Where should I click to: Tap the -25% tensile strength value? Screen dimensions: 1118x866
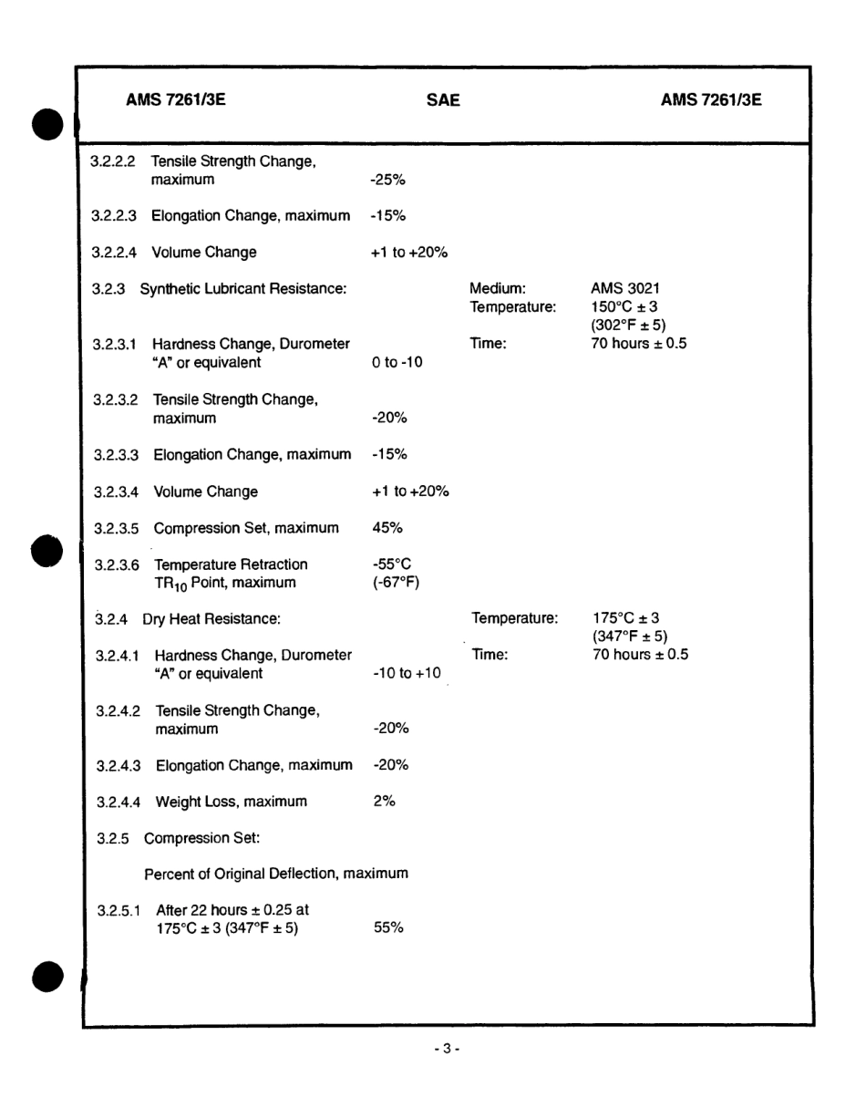coord(387,180)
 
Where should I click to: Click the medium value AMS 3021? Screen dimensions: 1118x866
coord(625,289)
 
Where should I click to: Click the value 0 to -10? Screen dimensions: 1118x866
coord(397,362)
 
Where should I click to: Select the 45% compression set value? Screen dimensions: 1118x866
coord(387,528)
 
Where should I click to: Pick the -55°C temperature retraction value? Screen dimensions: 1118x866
coord(392,564)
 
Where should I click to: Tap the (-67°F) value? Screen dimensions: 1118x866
coord(395,583)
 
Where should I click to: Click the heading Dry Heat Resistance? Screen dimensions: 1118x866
coord(211,619)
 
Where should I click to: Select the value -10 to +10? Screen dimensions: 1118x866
coord(407,674)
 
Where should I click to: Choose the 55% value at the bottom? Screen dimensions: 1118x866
coord(388,928)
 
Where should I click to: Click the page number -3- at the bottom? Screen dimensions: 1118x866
coord(447,1051)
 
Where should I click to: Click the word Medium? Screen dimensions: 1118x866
coord(497,289)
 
